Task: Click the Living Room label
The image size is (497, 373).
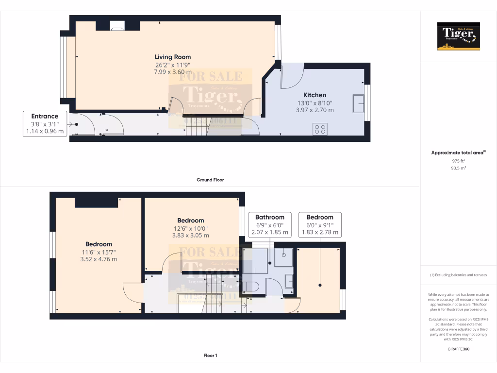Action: coord(173,57)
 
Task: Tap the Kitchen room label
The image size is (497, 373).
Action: coord(315,95)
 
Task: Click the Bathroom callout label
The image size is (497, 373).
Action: coord(269,217)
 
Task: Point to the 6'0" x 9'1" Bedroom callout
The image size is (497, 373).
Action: coord(320,224)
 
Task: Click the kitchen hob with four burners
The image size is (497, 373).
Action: coord(320,129)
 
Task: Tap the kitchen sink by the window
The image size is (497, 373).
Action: coord(359,103)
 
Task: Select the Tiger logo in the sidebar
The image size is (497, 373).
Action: coord(458,36)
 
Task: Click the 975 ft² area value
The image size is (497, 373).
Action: coord(459,161)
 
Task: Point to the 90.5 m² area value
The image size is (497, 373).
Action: coord(459,168)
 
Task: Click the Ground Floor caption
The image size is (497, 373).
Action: coord(210,180)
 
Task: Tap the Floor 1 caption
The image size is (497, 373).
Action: coord(210,356)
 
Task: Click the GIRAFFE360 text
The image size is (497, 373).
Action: coord(459,349)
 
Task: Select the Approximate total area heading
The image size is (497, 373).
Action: coord(458,153)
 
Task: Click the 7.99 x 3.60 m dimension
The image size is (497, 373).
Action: coord(172,72)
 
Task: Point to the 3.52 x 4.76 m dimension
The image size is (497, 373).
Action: coord(99,259)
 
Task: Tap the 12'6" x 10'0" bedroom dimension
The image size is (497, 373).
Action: coord(190,228)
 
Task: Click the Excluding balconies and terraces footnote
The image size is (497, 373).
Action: coord(458,275)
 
